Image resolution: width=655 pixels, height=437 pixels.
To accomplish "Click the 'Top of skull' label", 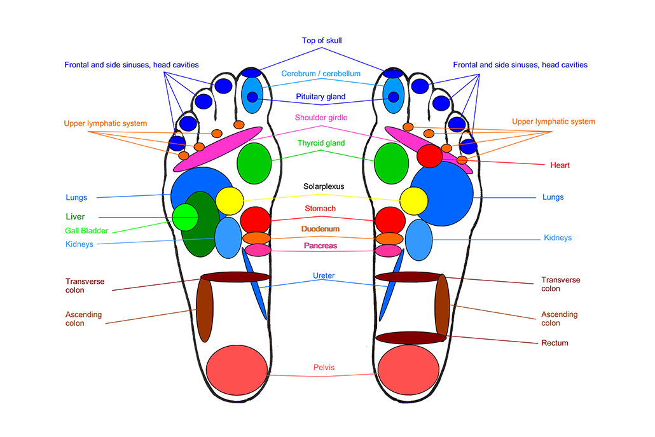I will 322,41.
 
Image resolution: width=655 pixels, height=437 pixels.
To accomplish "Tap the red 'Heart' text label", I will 560,165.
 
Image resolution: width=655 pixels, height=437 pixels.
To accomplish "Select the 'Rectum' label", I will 555,343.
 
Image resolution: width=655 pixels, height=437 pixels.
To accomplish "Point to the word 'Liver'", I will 75,217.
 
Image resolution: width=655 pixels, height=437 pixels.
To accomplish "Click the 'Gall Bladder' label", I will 86,231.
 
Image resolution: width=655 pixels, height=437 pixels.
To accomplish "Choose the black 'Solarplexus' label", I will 322,187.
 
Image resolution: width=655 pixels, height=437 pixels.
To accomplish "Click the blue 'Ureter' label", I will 323,276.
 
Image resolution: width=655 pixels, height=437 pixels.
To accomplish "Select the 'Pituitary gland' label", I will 321,97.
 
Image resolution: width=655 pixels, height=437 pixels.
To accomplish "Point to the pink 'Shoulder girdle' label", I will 321,118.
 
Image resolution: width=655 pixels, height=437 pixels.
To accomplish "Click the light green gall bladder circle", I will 185,216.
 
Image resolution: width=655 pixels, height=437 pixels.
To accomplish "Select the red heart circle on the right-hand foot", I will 429,156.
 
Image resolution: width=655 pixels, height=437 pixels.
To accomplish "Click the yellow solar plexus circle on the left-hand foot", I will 229,201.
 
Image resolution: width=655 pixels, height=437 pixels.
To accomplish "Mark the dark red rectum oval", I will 408,337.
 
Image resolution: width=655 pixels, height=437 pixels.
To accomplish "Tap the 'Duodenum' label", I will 320,229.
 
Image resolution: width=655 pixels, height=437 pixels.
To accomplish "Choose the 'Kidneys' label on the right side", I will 558,238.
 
